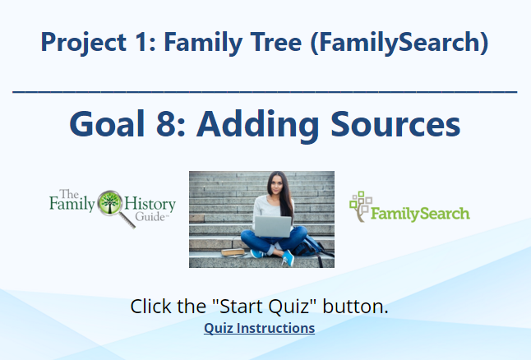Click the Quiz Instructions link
pyautogui.click(x=259, y=328)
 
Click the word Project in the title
pyautogui.click(x=84, y=43)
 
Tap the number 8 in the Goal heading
pyautogui.click(x=166, y=124)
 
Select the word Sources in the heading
pyautogui.click(x=395, y=124)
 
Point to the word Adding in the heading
pyautogui.click(x=258, y=126)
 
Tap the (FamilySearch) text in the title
pyautogui.click(x=399, y=43)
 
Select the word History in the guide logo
pyautogui.click(x=150, y=204)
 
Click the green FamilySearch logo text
pyautogui.click(x=420, y=214)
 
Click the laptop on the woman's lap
pyautogui.click(x=273, y=226)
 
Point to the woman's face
pyautogui.click(x=277, y=185)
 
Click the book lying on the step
pyautogui.click(x=233, y=252)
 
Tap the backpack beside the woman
pyautogui.click(x=310, y=247)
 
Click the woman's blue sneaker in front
pyautogui.click(x=289, y=258)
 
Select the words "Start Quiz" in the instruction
pyautogui.click(x=265, y=307)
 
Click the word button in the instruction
pyautogui.click(x=355, y=307)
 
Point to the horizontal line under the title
pyautogui.click(x=265, y=91)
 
